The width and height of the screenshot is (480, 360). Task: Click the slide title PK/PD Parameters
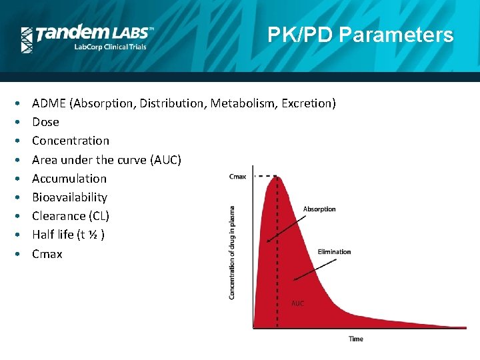[360, 35]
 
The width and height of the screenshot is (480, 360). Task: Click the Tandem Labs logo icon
[27, 39]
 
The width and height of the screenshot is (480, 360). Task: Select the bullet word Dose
[45, 122]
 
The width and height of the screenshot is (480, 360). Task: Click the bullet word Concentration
[71, 141]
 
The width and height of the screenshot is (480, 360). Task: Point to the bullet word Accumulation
[69, 179]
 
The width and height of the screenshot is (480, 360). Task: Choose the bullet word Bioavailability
[69, 197]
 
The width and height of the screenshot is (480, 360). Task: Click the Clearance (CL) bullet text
[71, 216]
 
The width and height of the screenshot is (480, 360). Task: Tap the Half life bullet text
[68, 235]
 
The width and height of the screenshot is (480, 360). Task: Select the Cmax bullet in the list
[47, 254]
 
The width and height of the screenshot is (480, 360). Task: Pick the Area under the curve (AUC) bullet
[107, 160]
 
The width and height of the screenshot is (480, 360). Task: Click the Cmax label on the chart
[237, 177]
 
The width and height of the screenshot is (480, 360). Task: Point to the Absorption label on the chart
[319, 209]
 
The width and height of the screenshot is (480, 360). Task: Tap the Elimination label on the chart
[334, 252]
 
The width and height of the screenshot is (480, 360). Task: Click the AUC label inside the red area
[297, 303]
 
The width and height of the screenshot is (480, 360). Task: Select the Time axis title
[356, 339]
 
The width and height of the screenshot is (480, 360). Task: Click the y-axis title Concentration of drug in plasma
[232, 251]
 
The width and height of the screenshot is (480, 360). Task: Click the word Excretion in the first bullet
[309, 103]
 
